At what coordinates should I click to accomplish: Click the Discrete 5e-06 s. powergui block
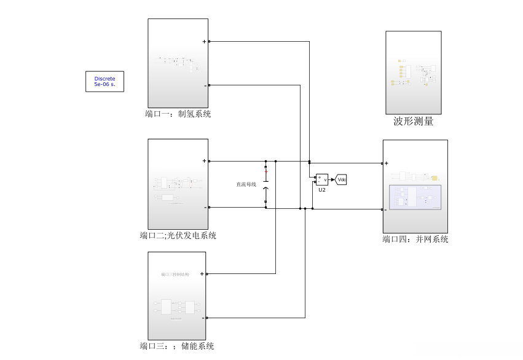point(104,81)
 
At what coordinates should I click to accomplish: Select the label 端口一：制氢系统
point(178,114)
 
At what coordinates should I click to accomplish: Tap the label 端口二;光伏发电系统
point(178,235)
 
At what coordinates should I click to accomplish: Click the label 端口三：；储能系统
point(176,346)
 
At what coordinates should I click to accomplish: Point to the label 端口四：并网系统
point(415,239)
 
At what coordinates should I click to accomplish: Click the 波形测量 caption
point(413,122)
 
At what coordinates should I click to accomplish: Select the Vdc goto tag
point(342,179)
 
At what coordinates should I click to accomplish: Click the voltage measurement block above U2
point(322,179)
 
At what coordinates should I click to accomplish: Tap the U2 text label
point(322,190)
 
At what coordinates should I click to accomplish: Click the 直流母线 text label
point(246,184)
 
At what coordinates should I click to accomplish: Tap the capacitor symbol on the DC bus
point(266,184)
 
